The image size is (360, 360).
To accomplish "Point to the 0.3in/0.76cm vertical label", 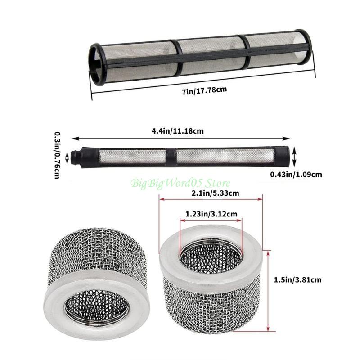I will [58, 156].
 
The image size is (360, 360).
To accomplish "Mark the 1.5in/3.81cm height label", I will [297, 279].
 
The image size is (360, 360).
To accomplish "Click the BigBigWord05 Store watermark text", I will [180, 183].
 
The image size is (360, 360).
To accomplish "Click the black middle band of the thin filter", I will [171, 156].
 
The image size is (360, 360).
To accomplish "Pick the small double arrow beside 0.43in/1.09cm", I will [294, 157].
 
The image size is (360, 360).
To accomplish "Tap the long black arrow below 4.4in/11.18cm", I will [180, 139].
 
